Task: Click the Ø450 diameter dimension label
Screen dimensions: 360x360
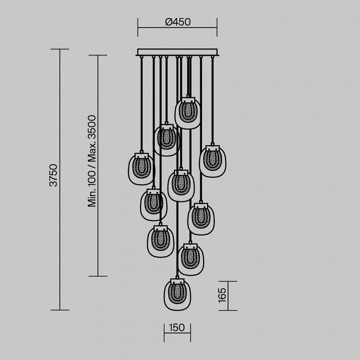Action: (x=177, y=22)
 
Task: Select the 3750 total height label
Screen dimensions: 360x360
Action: (x=53, y=175)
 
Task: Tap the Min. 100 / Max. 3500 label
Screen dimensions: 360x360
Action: (x=92, y=161)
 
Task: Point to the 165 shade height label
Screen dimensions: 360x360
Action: (x=222, y=295)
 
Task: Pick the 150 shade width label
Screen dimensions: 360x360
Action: (x=177, y=327)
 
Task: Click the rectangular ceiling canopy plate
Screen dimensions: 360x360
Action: (x=177, y=52)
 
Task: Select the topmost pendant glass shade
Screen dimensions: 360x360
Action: (x=187, y=113)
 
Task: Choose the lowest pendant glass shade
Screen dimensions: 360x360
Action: (x=177, y=294)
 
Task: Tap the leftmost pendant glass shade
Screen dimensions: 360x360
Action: (x=141, y=169)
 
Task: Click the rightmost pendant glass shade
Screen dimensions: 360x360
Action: (x=212, y=161)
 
